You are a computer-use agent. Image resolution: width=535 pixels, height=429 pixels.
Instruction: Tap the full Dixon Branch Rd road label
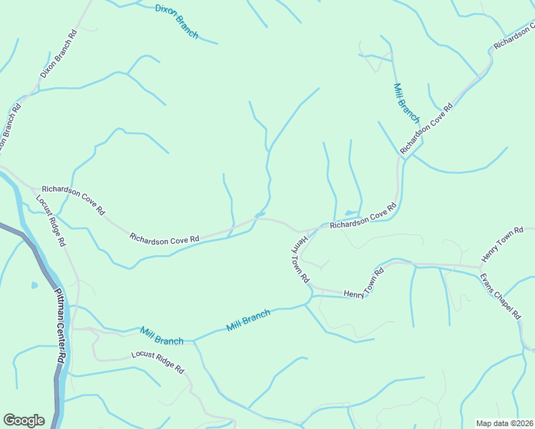click(59, 54)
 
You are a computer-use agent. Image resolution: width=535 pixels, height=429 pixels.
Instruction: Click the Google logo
click(24, 420)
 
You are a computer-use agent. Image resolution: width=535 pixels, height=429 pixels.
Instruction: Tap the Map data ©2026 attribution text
click(505, 423)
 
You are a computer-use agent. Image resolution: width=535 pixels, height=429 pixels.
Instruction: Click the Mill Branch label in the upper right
click(406, 102)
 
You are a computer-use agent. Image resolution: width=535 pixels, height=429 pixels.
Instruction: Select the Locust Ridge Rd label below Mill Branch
click(157, 363)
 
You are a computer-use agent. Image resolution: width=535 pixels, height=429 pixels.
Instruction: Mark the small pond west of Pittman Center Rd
click(34, 285)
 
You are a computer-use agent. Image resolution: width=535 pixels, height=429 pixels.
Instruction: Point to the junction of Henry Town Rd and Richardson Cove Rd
click(300, 231)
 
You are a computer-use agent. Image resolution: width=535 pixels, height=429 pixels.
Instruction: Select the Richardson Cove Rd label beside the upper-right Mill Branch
click(427, 129)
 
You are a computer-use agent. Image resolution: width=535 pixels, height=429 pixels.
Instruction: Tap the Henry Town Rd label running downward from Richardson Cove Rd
click(300, 257)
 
